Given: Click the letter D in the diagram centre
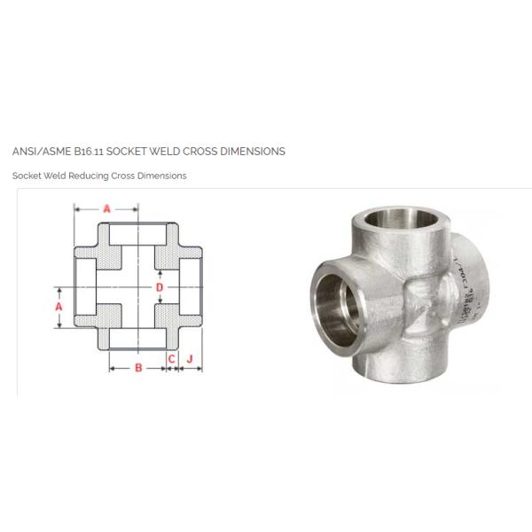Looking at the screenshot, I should click(x=160, y=287).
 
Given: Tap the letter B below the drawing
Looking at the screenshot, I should click(x=138, y=368).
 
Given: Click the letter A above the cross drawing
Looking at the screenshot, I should click(x=106, y=209).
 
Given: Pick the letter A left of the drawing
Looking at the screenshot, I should click(x=59, y=305).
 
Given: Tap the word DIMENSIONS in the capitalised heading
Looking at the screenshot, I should click(x=256, y=152).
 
